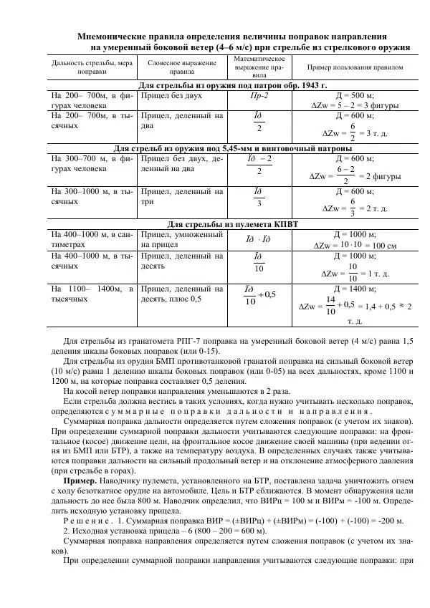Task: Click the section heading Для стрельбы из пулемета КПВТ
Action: [231, 224]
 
